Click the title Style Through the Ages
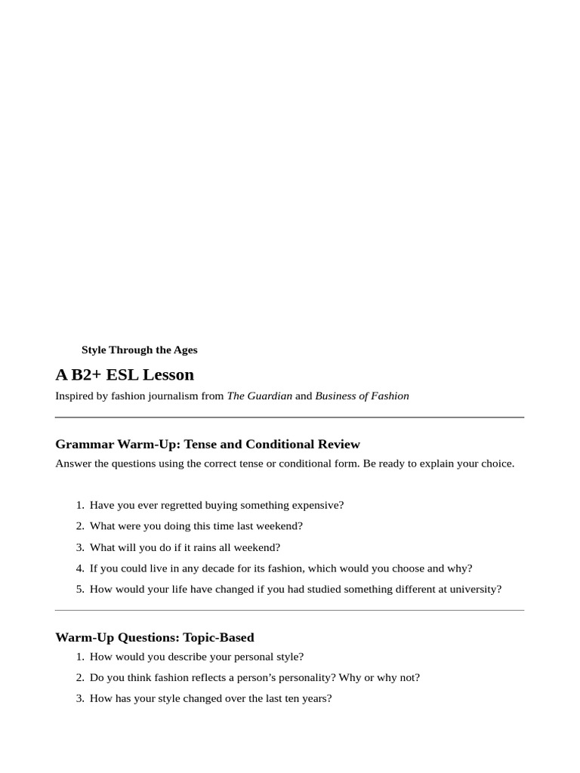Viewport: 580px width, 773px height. tap(139, 350)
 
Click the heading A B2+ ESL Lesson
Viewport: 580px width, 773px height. tap(125, 375)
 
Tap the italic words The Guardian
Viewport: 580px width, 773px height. tap(259, 396)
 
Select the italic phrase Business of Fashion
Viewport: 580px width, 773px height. tap(362, 396)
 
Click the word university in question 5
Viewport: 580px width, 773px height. tap(474, 590)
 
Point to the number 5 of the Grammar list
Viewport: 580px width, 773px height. tap(79, 590)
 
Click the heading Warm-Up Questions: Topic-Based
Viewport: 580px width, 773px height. tap(155, 637)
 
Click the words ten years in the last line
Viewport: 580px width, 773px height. tap(309, 699)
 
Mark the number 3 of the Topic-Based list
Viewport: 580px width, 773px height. tap(79, 699)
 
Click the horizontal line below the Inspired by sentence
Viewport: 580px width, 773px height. tap(289, 417)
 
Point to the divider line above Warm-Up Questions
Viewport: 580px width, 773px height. tap(289, 610)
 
